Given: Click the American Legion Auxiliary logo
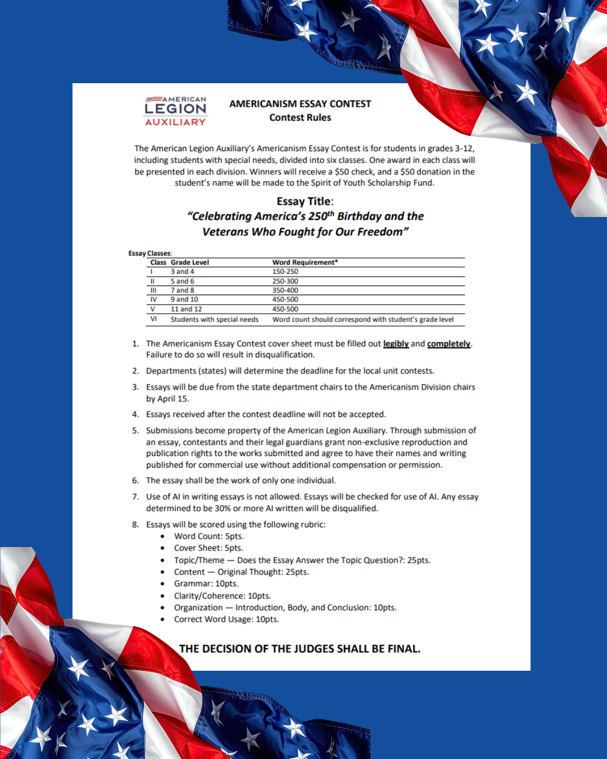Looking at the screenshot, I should [175, 110].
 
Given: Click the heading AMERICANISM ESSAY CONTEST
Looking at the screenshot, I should [300, 104].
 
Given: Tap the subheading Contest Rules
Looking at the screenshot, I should [300, 118].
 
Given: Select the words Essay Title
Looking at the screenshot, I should [304, 201].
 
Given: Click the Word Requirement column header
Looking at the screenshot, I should [305, 263].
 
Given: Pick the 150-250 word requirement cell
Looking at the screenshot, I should [285, 272].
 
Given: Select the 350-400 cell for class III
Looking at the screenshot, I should [285, 291].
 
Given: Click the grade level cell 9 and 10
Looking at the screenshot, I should [184, 300].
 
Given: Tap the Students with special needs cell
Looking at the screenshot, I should [215, 319].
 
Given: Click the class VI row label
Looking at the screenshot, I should [153, 319].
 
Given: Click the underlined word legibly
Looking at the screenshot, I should [396, 344].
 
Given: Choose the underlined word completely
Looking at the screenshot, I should [449, 344].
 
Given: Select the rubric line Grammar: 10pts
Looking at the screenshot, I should [206, 584].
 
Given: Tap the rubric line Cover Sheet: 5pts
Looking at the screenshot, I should [209, 548].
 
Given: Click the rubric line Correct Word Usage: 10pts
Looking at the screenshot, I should [226, 620].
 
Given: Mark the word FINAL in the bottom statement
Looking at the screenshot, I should [404, 649].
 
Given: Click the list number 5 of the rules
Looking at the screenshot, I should [135, 431].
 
